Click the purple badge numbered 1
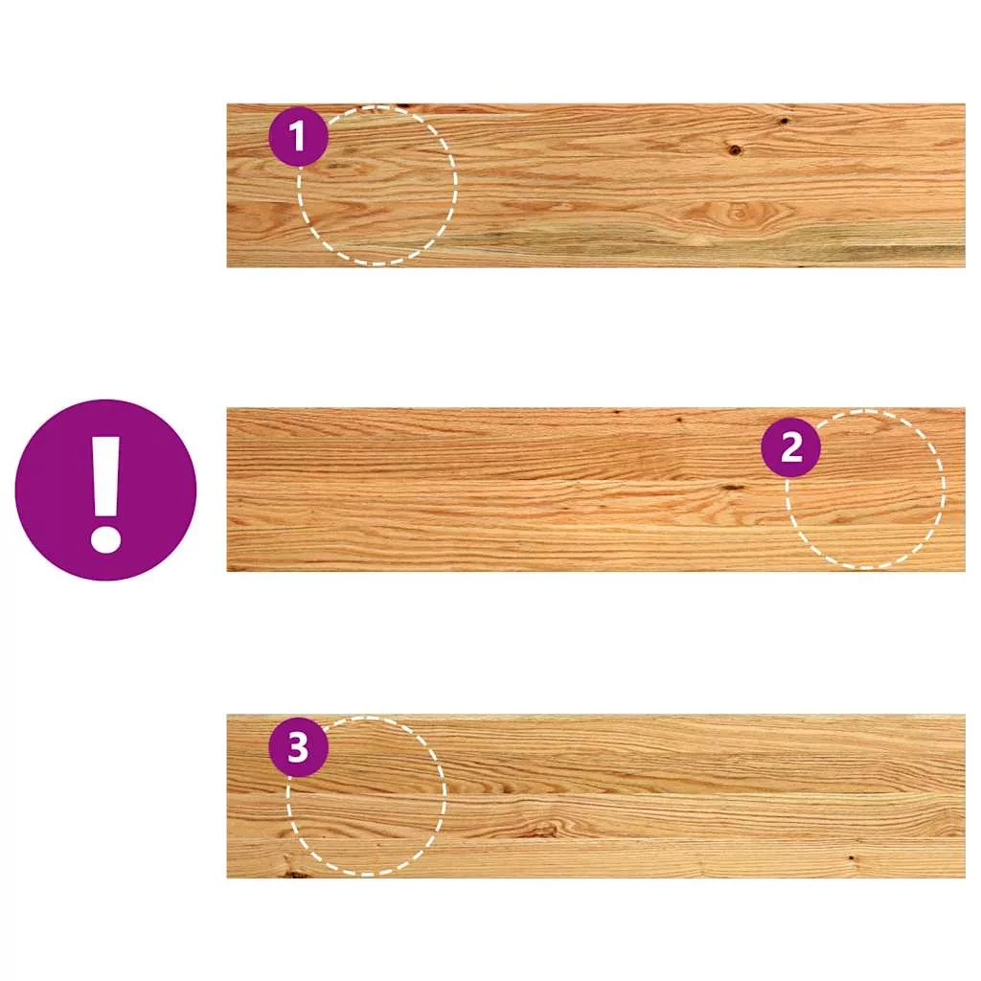point(299,136)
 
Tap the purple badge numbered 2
point(790,447)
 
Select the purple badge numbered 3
point(299,747)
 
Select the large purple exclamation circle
point(105,490)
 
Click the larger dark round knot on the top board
point(735,149)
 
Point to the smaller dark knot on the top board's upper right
point(784,121)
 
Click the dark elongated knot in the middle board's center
point(732,487)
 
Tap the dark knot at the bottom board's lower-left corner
point(294,872)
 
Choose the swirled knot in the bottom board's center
point(543,830)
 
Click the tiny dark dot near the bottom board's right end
point(851,858)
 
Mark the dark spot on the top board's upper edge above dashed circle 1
point(401,106)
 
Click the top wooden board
point(596,185)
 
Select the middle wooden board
point(596,490)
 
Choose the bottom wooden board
point(596,796)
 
